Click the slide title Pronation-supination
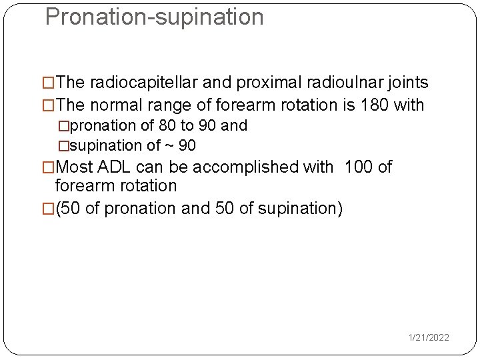[x=154, y=17]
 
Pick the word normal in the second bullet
[x=115, y=105]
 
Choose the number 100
[x=359, y=167]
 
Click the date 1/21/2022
[x=429, y=338]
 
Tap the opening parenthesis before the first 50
[x=59, y=209]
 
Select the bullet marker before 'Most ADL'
[x=48, y=167]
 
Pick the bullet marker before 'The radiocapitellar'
[x=48, y=83]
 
